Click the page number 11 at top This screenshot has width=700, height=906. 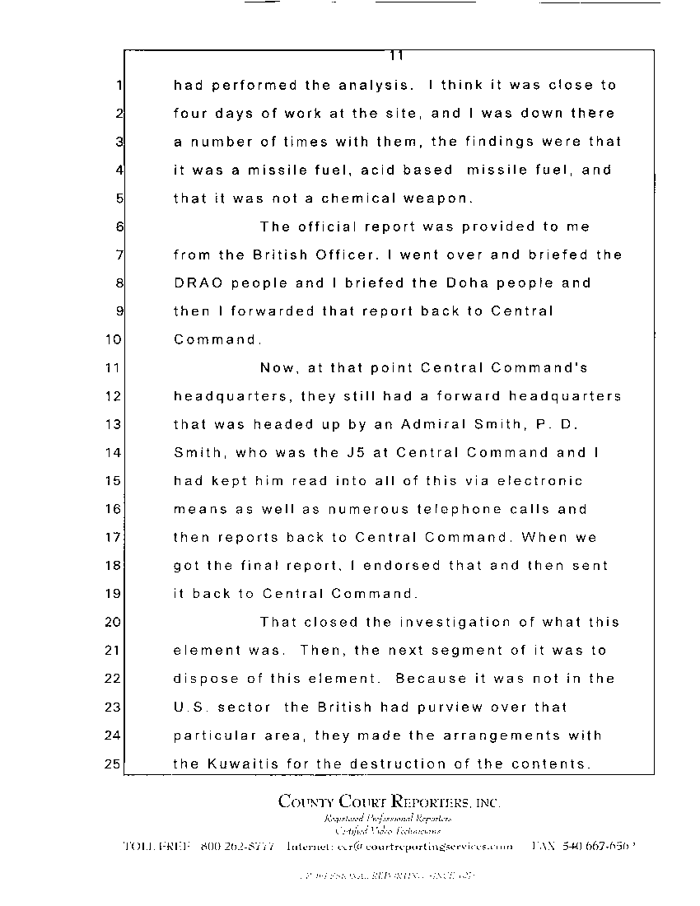pos(395,56)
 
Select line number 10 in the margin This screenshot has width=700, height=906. pos(113,339)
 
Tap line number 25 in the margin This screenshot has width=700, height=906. pos(113,764)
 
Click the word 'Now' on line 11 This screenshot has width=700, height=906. pos(278,367)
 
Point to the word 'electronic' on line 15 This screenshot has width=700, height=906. pos(538,481)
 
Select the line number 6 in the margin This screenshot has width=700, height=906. pos(119,226)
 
